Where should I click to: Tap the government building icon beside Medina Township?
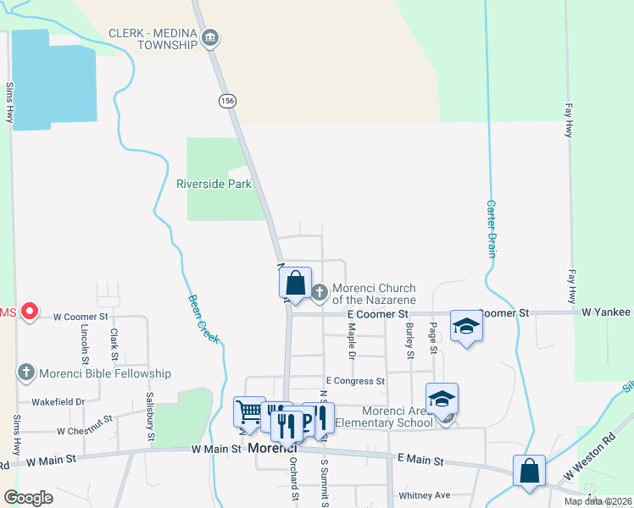click(x=212, y=37)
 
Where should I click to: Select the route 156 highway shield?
click(x=226, y=101)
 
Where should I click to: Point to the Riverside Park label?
click(x=214, y=184)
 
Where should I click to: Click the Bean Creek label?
click(x=203, y=318)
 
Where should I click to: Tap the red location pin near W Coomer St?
click(x=30, y=312)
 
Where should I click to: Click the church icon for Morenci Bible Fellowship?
click(x=26, y=373)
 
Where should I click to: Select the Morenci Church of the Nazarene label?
click(x=373, y=294)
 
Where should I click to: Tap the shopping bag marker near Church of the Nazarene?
click(x=296, y=281)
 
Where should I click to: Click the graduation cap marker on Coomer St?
click(x=465, y=325)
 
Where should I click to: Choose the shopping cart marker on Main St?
click(x=249, y=411)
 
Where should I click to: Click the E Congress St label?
click(x=355, y=381)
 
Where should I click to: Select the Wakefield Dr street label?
click(x=58, y=402)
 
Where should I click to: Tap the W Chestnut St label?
click(x=85, y=431)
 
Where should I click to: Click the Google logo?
click(x=29, y=498)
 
